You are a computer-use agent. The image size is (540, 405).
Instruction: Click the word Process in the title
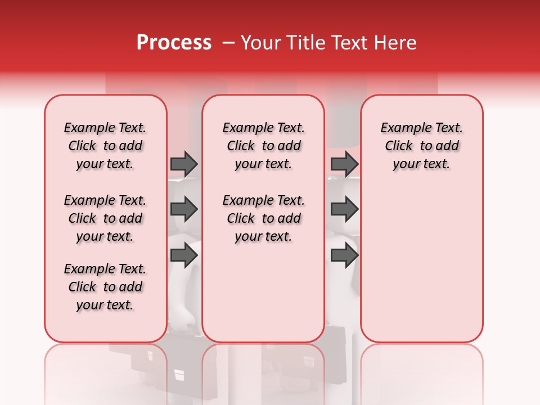click(x=173, y=43)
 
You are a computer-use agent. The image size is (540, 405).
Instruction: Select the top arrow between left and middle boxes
click(x=184, y=164)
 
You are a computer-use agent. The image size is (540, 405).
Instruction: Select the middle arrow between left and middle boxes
click(x=184, y=209)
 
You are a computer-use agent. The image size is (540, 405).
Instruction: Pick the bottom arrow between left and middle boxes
click(x=184, y=255)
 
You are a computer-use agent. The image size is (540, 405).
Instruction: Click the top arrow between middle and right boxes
click(x=344, y=164)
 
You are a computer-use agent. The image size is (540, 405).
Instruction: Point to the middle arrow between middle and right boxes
click(x=344, y=209)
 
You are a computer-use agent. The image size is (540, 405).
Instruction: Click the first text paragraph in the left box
click(x=105, y=146)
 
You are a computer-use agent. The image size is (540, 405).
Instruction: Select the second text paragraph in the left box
click(x=105, y=218)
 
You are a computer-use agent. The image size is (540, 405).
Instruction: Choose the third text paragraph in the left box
click(x=105, y=287)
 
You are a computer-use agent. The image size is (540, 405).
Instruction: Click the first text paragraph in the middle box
click(x=263, y=146)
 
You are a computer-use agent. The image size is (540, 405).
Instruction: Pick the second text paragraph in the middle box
click(x=263, y=218)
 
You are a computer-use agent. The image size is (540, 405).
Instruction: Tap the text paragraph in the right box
click(x=421, y=146)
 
